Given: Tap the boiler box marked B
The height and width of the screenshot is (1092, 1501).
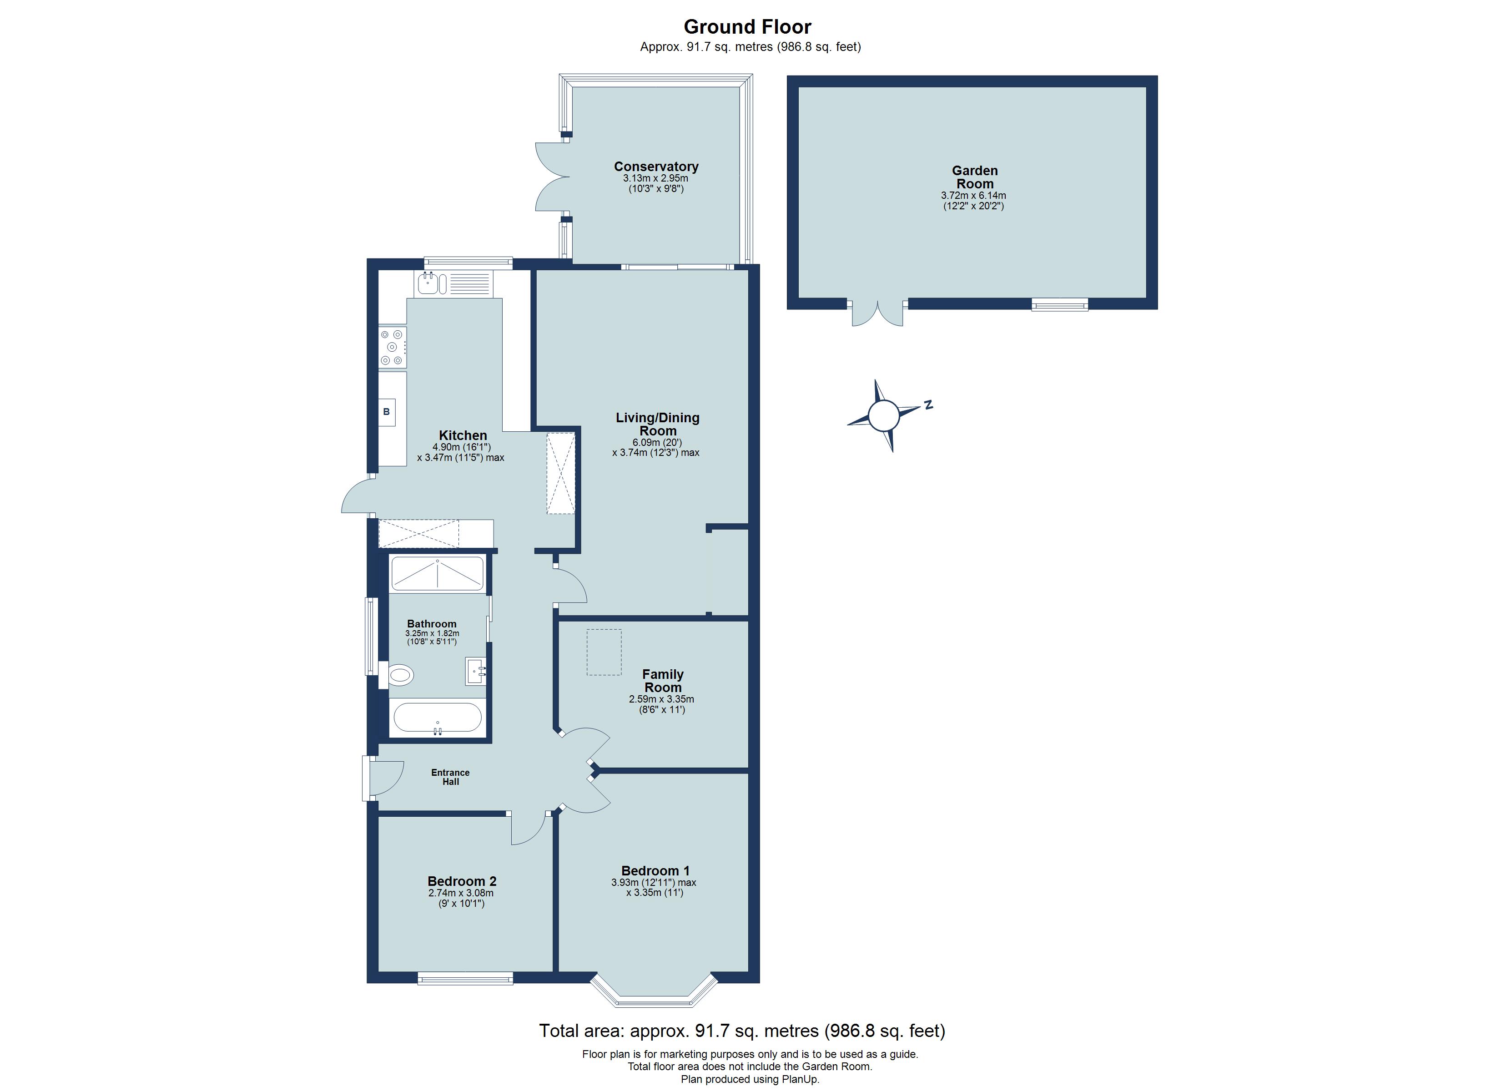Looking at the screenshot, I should click(x=387, y=412).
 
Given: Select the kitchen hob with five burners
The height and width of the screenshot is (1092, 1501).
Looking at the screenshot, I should click(x=393, y=347).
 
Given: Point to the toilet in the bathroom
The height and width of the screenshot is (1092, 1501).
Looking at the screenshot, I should click(x=400, y=676).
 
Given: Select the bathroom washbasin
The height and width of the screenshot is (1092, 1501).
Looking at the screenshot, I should click(x=475, y=671).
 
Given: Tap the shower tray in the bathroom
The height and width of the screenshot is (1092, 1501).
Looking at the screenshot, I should click(x=438, y=573).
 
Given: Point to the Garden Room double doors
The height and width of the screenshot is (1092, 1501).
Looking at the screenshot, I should click(x=877, y=314).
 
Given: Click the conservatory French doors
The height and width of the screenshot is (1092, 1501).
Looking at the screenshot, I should click(x=551, y=177).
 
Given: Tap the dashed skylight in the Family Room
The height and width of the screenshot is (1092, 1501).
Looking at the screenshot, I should click(x=604, y=652).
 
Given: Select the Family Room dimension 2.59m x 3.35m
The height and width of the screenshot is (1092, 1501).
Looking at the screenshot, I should click(x=661, y=699).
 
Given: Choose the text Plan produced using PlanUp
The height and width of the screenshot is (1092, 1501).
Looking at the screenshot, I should click(x=750, y=1079).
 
